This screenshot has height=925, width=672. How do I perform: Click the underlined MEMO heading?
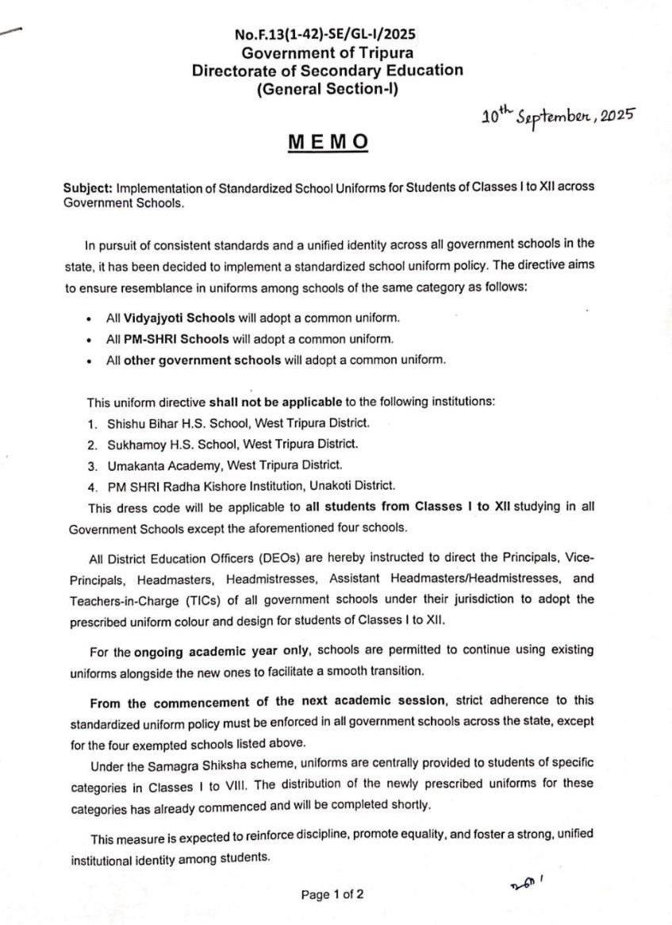click(328, 142)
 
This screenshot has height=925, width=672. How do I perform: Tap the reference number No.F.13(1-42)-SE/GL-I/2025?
click(326, 35)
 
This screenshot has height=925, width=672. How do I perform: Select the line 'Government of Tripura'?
click(327, 52)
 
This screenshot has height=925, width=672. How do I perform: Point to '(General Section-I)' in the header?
click(327, 89)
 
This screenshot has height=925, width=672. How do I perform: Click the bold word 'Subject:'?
click(88, 187)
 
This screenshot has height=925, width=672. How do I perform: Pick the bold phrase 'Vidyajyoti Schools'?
click(179, 318)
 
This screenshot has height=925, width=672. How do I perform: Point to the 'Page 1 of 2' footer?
click(332, 895)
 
